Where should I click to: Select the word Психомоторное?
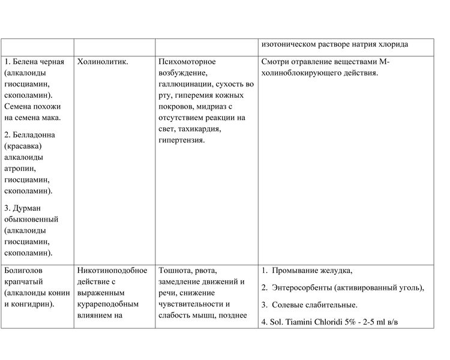[x=187, y=62]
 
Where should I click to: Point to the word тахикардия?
[x=200, y=129]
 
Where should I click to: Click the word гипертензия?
[x=182, y=140]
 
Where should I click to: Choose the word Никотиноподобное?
[x=113, y=271]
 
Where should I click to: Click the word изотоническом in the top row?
[x=292, y=44]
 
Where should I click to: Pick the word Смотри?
[x=278, y=62]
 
